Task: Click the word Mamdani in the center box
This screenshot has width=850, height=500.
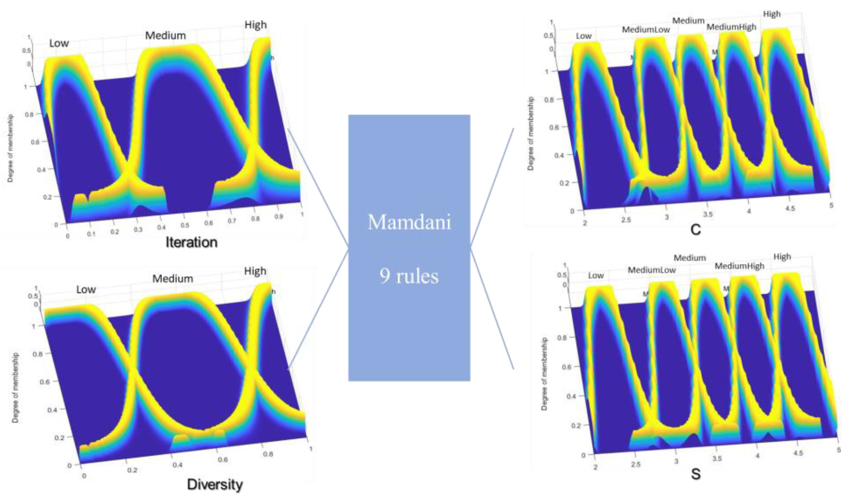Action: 409,222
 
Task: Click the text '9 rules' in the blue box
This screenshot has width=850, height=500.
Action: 409,276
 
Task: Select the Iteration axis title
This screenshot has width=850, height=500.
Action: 191,242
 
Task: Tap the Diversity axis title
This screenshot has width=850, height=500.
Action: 215,485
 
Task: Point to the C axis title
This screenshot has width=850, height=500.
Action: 695,230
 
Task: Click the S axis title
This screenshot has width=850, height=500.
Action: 696,474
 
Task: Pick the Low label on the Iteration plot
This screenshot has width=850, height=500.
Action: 59,43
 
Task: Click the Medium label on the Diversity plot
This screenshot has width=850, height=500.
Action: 172,279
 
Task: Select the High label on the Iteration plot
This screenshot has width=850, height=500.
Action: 255,25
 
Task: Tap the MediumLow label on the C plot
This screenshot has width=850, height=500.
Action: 646,29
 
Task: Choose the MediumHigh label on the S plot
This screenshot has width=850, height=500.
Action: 739,266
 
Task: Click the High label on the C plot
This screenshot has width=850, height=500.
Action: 772,14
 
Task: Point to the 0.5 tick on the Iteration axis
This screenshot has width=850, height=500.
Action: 185,225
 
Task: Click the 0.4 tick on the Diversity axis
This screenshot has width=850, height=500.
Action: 177,465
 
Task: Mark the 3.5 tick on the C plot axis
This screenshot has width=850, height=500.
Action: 708,214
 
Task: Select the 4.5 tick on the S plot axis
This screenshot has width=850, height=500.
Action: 798,453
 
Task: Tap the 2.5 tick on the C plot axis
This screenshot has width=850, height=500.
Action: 626,220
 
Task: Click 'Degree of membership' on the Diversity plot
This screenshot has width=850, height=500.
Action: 15,388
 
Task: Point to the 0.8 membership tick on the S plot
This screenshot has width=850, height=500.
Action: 562,338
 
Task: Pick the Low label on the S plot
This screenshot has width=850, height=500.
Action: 596,276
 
